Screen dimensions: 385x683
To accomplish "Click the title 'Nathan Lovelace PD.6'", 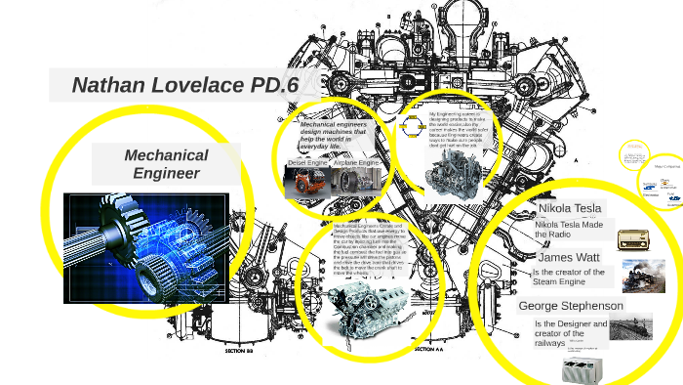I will point(184,85).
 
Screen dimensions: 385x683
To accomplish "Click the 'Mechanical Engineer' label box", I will point(166,164).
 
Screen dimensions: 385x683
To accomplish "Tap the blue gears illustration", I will point(146,247).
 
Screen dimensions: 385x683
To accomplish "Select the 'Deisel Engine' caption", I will point(305,163).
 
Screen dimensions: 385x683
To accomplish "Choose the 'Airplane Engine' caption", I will point(356,163).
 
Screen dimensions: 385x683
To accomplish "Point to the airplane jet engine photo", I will point(355,182).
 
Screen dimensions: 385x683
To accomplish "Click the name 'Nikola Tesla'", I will point(571,208).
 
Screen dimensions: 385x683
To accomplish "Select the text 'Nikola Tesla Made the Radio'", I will point(568,231).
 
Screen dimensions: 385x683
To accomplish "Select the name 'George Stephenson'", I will point(571,306).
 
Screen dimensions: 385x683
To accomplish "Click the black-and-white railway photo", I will point(631,325).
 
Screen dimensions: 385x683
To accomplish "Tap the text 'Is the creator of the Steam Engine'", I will point(569,278).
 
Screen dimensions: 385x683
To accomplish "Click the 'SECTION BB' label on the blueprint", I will point(240,349).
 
